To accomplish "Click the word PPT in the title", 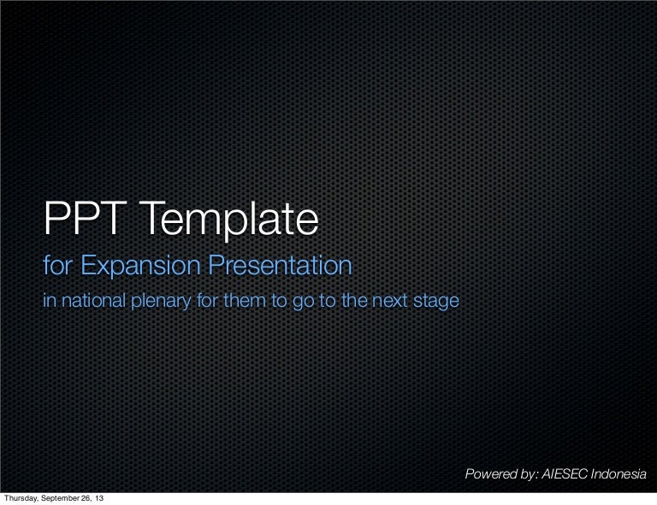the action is pos(85,219).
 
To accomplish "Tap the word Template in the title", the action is pos(228,221).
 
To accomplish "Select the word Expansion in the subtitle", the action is pos(141,266).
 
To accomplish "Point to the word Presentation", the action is pos(281,265).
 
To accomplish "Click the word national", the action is pos(94,301).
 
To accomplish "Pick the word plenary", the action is pos(162,302).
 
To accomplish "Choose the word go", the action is pos(304,302).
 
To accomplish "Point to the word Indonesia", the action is pos(619,474).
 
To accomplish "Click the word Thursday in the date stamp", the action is pos(21,498).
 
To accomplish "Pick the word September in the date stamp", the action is pos(59,498).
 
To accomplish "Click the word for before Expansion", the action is pos(58,265).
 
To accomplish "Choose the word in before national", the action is pos(50,301).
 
